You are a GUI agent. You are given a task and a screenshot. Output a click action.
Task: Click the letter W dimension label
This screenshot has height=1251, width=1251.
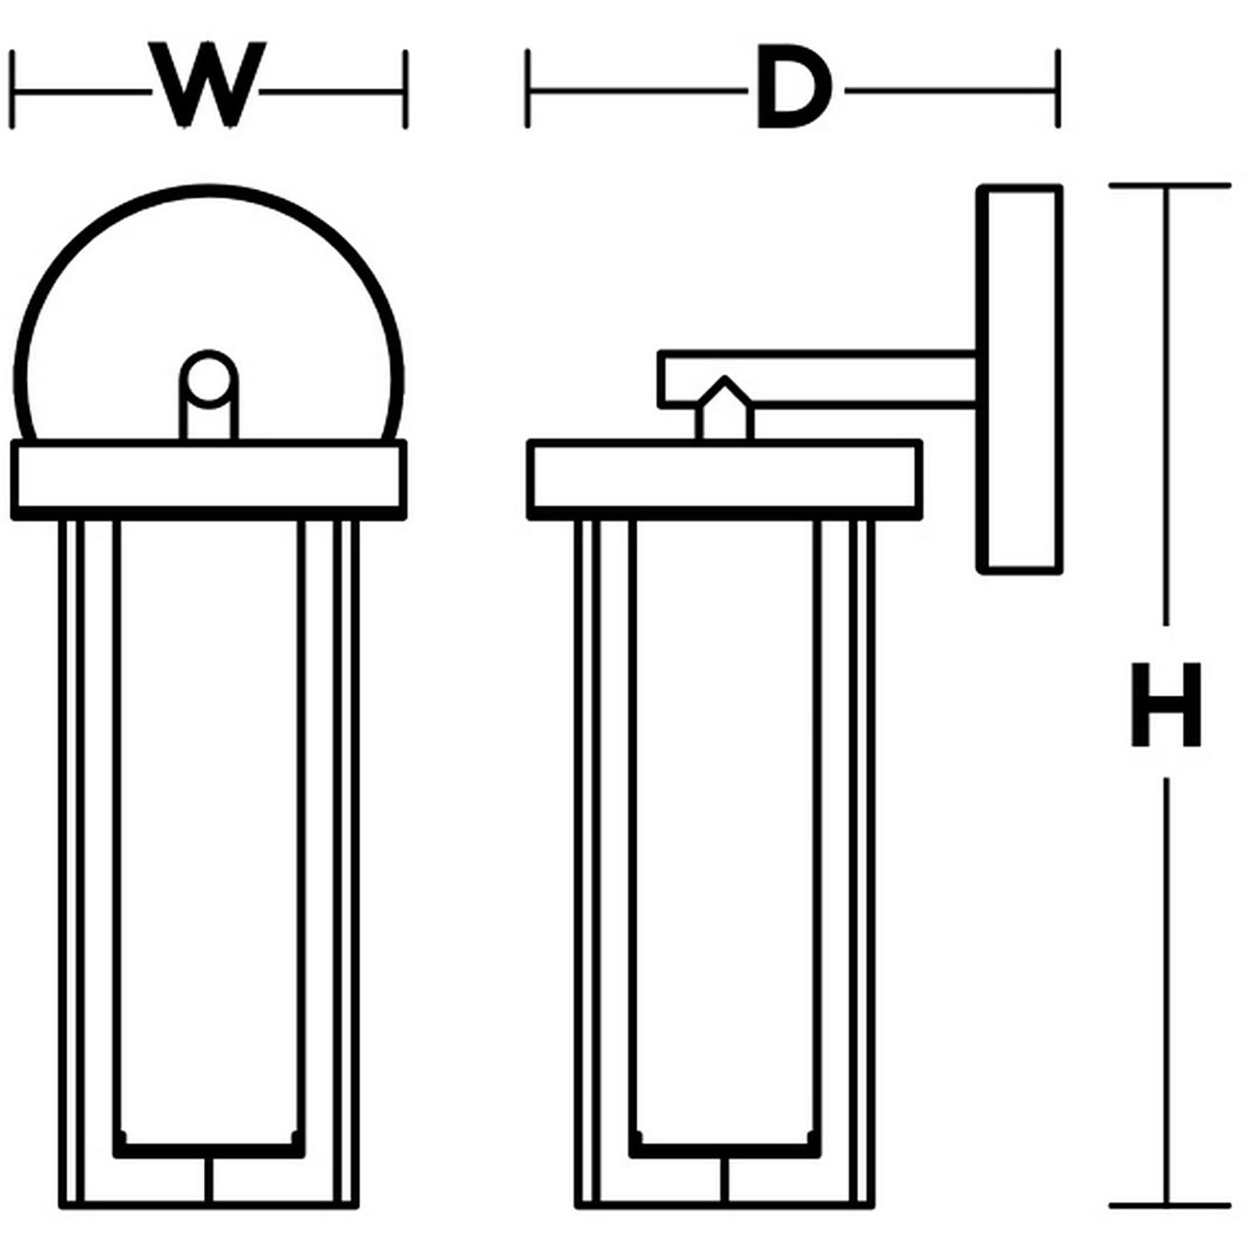[208, 87]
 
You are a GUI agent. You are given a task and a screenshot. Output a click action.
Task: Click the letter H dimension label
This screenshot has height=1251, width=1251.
[1166, 703]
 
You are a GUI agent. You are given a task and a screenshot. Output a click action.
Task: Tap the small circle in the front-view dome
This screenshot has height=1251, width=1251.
[209, 380]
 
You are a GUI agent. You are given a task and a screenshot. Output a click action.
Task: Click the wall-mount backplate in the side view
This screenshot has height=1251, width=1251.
[1020, 379]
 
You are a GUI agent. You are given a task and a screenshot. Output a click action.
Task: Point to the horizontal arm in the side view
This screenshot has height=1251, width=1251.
[832, 380]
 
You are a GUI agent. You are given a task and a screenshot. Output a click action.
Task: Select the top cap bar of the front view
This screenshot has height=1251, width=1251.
[208, 480]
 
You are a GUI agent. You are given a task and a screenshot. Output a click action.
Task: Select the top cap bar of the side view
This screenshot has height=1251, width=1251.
[724, 480]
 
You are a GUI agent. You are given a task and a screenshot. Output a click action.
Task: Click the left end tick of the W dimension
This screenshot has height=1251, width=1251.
[13, 89]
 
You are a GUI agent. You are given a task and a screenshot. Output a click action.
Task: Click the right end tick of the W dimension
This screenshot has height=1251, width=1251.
[405, 89]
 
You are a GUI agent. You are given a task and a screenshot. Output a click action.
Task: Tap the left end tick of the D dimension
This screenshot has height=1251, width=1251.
[528, 89]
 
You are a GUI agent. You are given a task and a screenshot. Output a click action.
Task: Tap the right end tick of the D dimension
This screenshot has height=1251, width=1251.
[1058, 89]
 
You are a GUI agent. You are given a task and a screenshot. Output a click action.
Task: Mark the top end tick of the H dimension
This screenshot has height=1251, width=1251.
[1169, 186]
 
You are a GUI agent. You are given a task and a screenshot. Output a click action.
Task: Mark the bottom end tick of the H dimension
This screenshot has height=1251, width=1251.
[1169, 1205]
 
